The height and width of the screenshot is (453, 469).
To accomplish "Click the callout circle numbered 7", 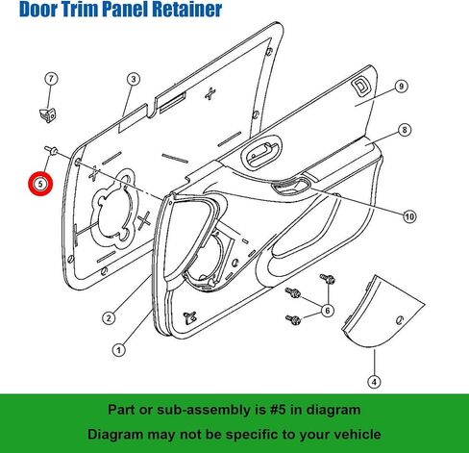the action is click(x=51, y=79).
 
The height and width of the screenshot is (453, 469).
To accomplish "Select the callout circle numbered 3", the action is click(x=134, y=79).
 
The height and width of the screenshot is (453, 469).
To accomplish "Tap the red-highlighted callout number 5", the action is click(x=40, y=184).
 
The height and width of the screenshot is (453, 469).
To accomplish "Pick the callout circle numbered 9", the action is click(x=401, y=87).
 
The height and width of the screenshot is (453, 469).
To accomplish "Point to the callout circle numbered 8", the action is click(x=405, y=130).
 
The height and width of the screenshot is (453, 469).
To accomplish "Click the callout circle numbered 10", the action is click(x=409, y=216).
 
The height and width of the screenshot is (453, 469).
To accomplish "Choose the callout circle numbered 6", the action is click(x=328, y=311).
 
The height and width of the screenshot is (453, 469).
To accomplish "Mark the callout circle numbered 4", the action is click(x=374, y=382).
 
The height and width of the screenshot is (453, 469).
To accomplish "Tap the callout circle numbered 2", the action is click(x=109, y=318).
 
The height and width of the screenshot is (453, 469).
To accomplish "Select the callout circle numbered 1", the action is click(x=119, y=350).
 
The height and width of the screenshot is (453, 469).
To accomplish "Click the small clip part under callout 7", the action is click(x=47, y=114).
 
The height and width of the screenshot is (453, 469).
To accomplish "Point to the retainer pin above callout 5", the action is click(x=51, y=149).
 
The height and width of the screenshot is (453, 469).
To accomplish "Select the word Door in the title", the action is click(x=37, y=9).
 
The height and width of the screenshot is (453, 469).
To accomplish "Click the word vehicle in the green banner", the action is click(x=358, y=435).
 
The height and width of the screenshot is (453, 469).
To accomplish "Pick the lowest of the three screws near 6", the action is click(x=293, y=319).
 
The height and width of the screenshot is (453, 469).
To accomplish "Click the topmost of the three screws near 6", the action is click(x=328, y=279).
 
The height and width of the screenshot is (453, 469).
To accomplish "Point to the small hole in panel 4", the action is click(x=400, y=319).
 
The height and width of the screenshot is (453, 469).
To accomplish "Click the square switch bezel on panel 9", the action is click(x=360, y=86).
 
